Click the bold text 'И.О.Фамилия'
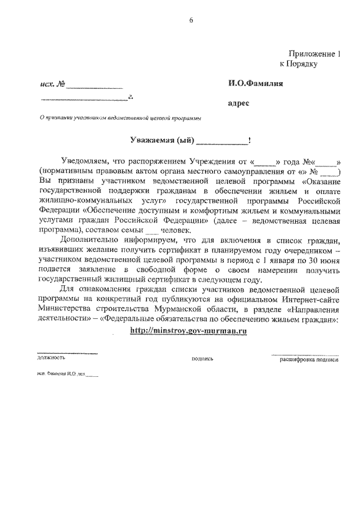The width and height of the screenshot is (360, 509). point(255,84)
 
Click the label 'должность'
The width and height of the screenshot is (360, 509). point(51,357)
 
